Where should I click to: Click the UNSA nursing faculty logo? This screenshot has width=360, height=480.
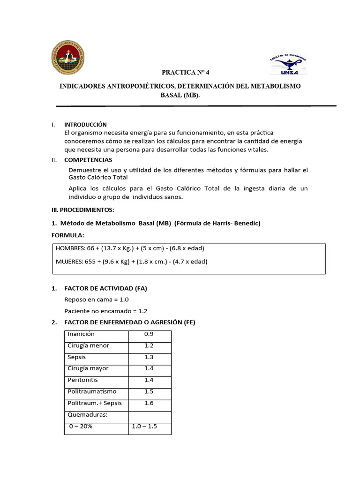[x=287, y=63]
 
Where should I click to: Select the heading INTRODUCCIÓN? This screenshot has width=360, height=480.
[x=85, y=125]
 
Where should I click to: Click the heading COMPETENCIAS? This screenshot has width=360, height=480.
[x=88, y=160]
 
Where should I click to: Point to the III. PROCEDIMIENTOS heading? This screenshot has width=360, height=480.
[x=82, y=210]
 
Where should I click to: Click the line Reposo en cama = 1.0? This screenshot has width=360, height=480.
[x=96, y=300]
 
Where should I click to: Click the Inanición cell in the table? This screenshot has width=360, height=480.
[x=81, y=334]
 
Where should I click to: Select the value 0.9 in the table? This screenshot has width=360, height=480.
[x=149, y=334]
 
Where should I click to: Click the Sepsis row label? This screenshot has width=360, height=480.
[x=76, y=357]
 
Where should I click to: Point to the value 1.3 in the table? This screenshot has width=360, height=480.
[x=149, y=357]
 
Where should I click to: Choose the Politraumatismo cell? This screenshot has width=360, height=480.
[x=92, y=391]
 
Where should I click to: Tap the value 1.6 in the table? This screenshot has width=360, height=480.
[x=149, y=403]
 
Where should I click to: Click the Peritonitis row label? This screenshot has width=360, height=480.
[x=82, y=380]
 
